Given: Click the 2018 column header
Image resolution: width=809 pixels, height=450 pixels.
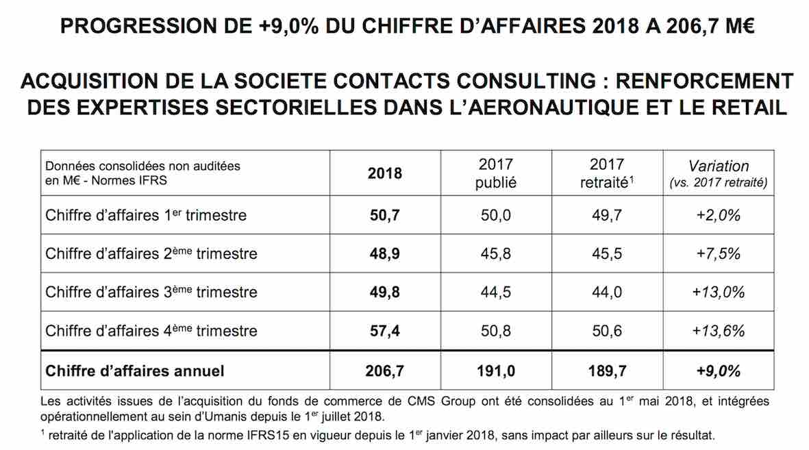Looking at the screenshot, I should coord(385,173).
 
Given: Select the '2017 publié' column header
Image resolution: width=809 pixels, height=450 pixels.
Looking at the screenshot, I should coord(496,173).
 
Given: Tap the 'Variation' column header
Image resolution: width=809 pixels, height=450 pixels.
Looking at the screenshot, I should coord(718,173).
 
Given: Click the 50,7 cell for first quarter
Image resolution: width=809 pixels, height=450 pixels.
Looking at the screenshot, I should coord(385,215).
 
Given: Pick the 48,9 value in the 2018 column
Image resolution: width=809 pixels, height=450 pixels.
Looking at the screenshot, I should coord(385,253).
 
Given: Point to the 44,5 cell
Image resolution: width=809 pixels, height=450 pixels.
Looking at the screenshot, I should coord(496,292).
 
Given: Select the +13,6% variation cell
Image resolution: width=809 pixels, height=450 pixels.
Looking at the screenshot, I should coord(718,331).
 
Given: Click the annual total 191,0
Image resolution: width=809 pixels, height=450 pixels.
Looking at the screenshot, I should coord(496,371).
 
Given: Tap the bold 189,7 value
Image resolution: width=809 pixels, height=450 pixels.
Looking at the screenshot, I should coord(607,371).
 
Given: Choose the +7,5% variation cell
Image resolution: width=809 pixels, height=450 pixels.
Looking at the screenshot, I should coord(718,253).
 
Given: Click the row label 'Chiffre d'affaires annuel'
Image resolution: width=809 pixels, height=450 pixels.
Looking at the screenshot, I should coord(135,371).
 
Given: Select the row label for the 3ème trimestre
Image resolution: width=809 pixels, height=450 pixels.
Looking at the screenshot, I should coord(151,292).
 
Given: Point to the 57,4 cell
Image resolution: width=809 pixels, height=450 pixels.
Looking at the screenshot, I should coord(385,331).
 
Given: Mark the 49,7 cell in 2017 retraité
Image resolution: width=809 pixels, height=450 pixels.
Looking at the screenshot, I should coord(607,215).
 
